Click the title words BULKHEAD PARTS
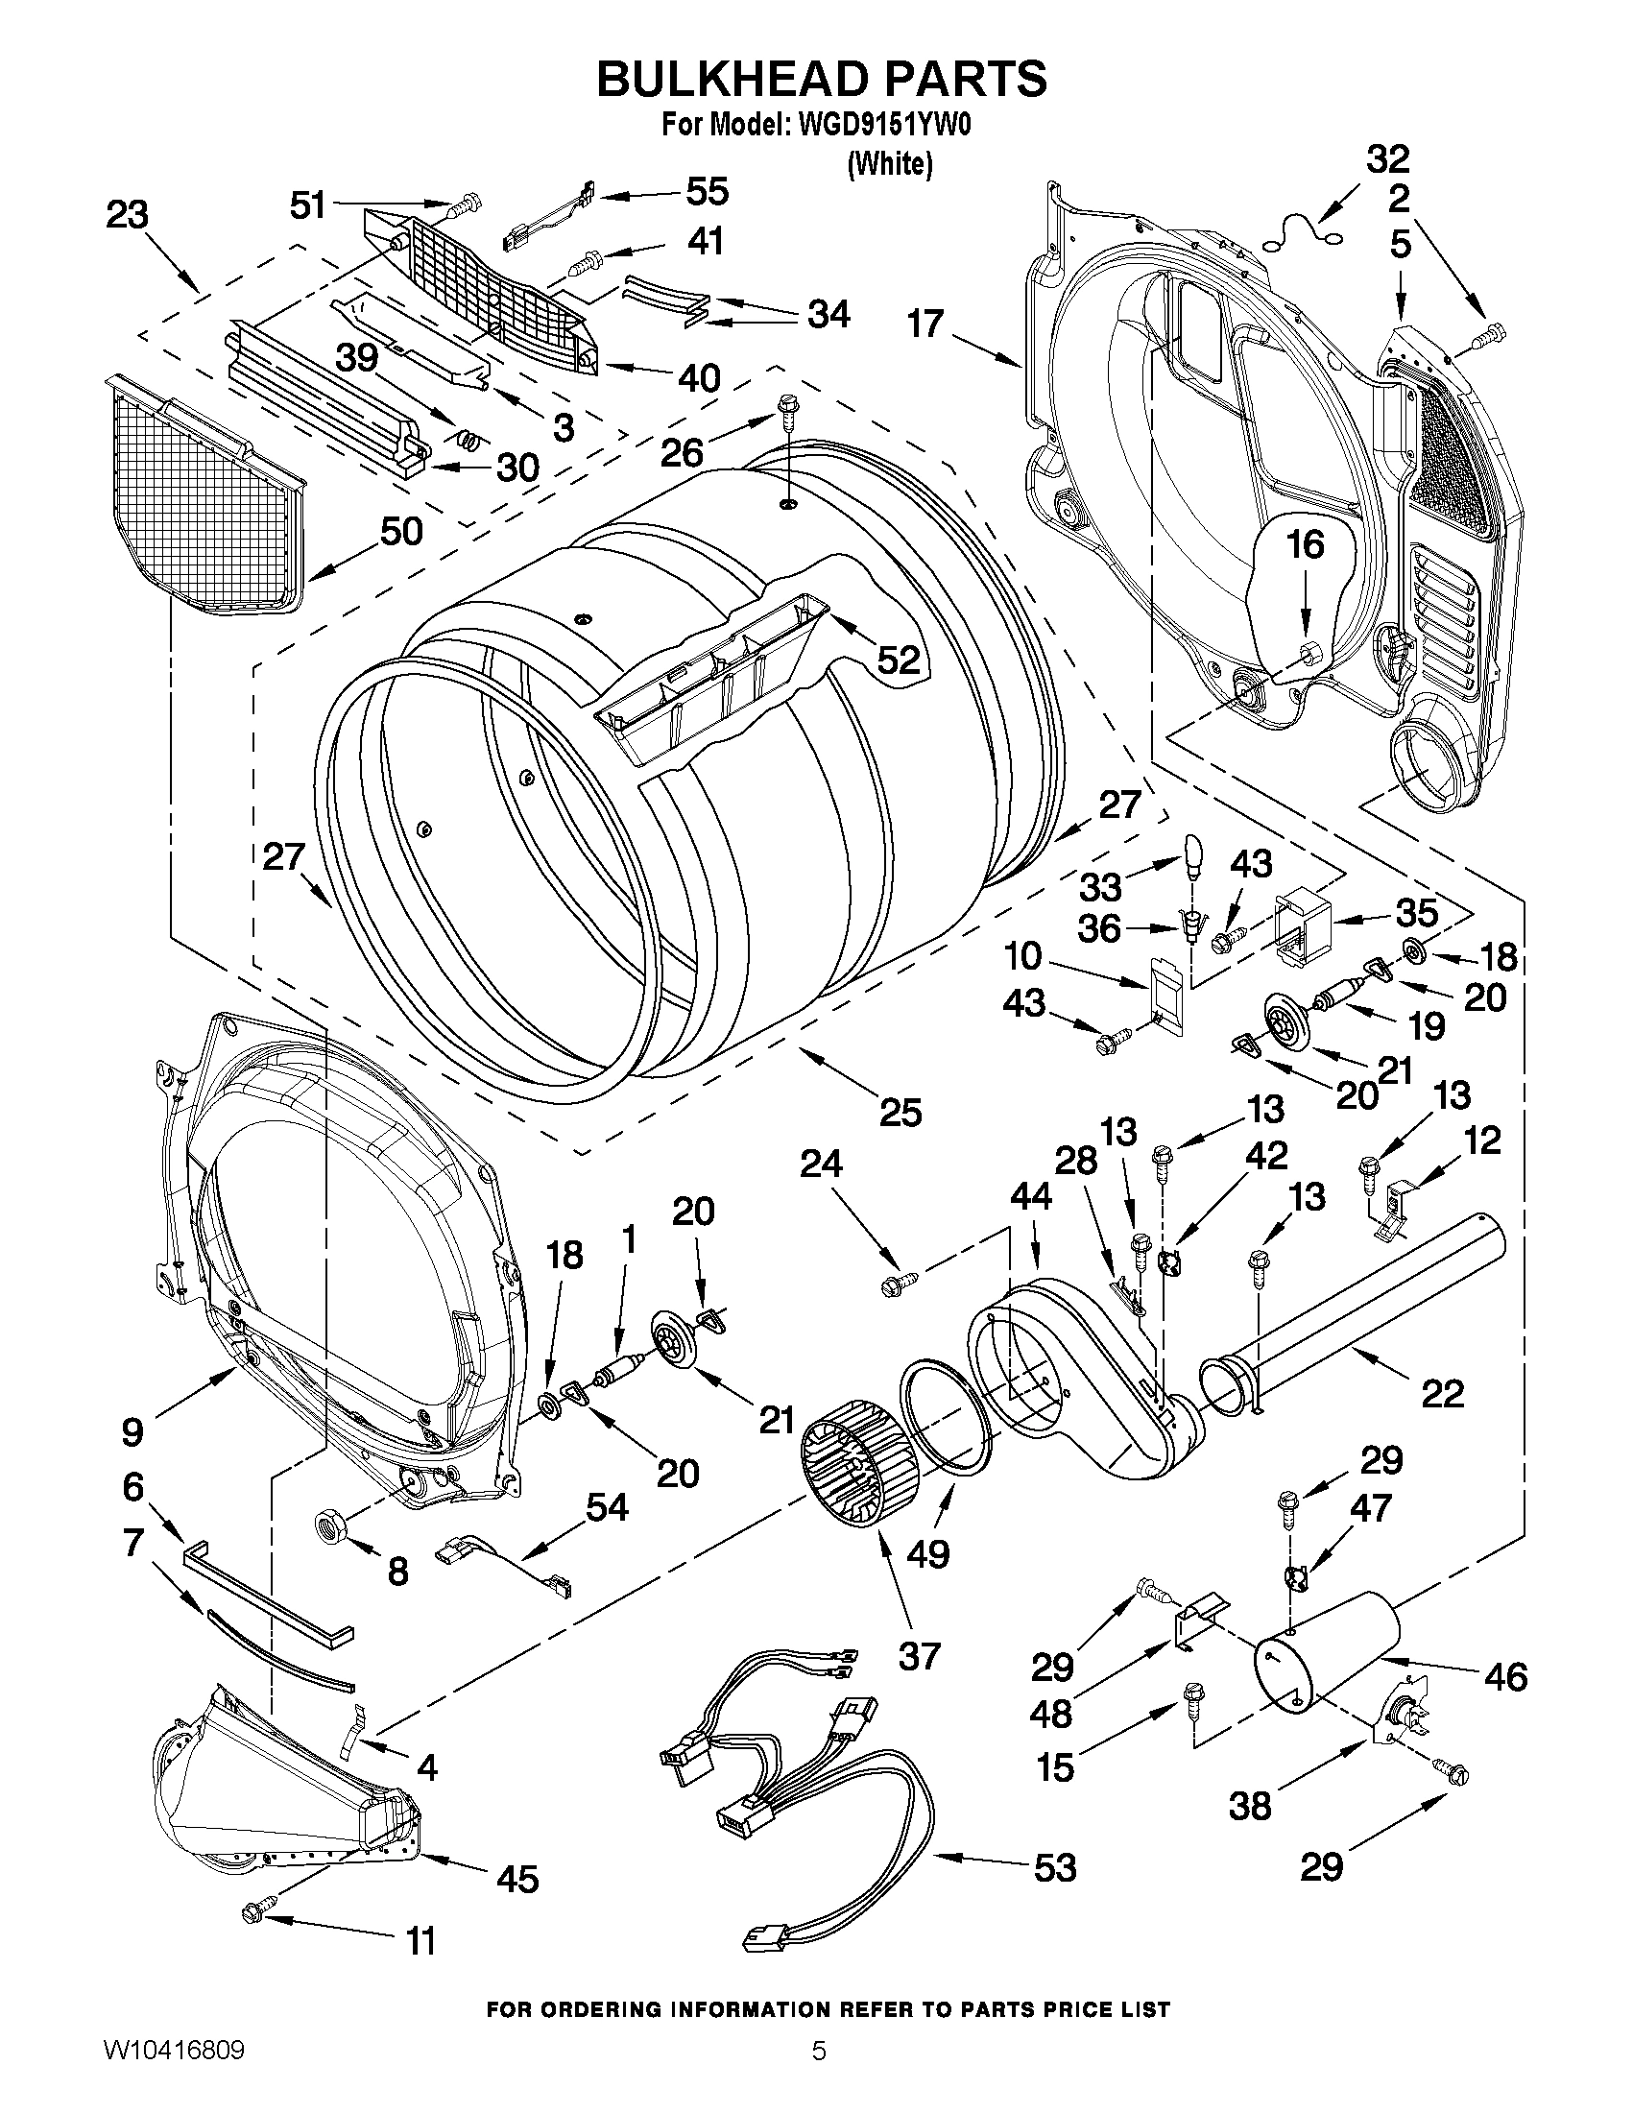click(821, 80)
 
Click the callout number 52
click(897, 660)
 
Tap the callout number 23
click(127, 214)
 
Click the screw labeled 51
click(468, 204)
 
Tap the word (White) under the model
click(889, 165)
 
